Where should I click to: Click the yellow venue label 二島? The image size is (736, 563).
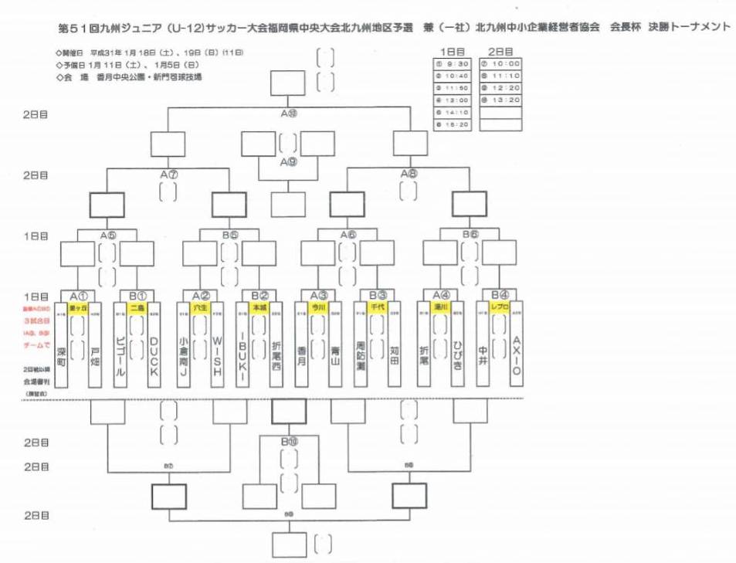137,307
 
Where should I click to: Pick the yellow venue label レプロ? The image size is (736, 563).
499,307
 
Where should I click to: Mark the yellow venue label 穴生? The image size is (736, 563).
200,307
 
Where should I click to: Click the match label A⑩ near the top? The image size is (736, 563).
289,113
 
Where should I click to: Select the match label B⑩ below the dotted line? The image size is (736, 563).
289,442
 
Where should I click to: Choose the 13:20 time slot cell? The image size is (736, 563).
500,100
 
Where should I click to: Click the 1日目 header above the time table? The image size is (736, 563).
455,50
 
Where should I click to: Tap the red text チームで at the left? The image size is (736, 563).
36,347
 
